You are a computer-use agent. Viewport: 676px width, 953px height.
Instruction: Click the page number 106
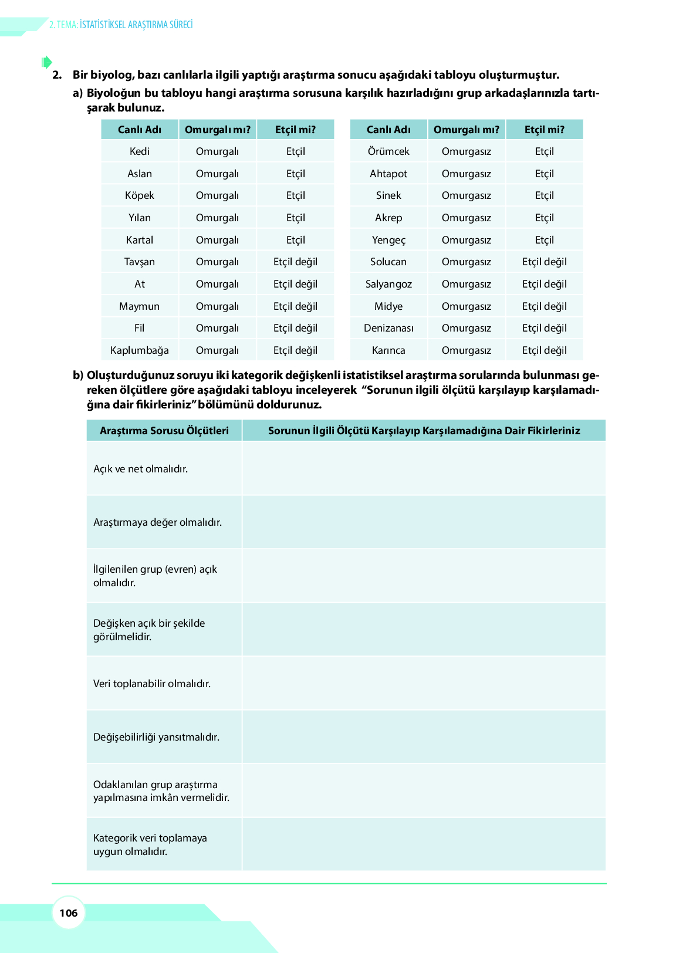[69, 913]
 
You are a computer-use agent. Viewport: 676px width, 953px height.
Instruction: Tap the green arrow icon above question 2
[47, 62]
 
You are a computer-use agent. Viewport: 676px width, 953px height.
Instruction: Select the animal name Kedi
[140, 151]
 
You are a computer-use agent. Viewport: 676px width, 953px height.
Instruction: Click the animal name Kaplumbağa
[140, 350]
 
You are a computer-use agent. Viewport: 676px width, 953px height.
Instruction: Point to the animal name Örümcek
[388, 151]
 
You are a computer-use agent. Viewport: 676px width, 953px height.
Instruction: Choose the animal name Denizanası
[388, 328]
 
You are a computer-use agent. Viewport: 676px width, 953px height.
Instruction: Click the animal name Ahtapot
[388, 174]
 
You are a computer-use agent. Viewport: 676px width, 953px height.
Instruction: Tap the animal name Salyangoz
[388, 284]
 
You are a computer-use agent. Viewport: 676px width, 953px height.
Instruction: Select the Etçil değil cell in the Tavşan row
[295, 262]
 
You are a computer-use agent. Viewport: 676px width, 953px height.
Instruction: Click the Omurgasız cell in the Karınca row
[467, 350]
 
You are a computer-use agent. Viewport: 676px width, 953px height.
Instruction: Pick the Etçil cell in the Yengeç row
[545, 240]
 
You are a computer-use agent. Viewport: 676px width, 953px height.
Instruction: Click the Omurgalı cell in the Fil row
[217, 328]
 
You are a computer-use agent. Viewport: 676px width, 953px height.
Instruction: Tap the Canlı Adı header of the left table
[140, 130]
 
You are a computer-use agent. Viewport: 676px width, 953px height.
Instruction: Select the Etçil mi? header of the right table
[545, 130]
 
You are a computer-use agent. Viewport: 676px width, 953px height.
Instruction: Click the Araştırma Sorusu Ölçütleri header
[164, 431]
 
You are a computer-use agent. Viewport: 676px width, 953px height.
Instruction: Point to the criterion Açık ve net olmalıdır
[141, 469]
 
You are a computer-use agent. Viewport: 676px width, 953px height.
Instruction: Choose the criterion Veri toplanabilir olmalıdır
[152, 684]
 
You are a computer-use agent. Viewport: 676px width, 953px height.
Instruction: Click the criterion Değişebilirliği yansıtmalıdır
[157, 737]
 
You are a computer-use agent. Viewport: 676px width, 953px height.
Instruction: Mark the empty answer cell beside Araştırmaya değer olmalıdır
[424, 522]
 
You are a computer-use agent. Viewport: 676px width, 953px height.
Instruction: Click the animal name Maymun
[140, 306]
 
